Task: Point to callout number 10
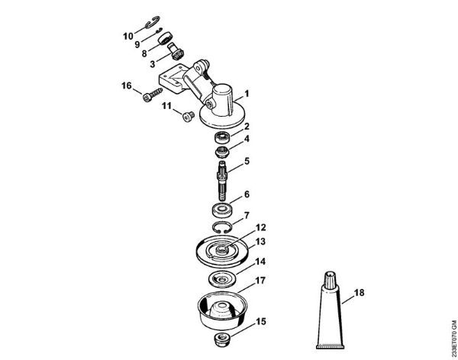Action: pyautogui.click(x=127, y=35)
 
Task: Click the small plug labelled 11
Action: pyautogui.click(x=183, y=116)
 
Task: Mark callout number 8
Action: pyautogui.click(x=144, y=55)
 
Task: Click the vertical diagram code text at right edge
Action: pyautogui.click(x=452, y=328)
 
